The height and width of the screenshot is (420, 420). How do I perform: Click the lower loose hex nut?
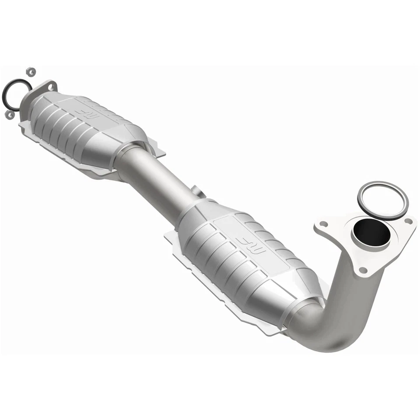tap(9, 115)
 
